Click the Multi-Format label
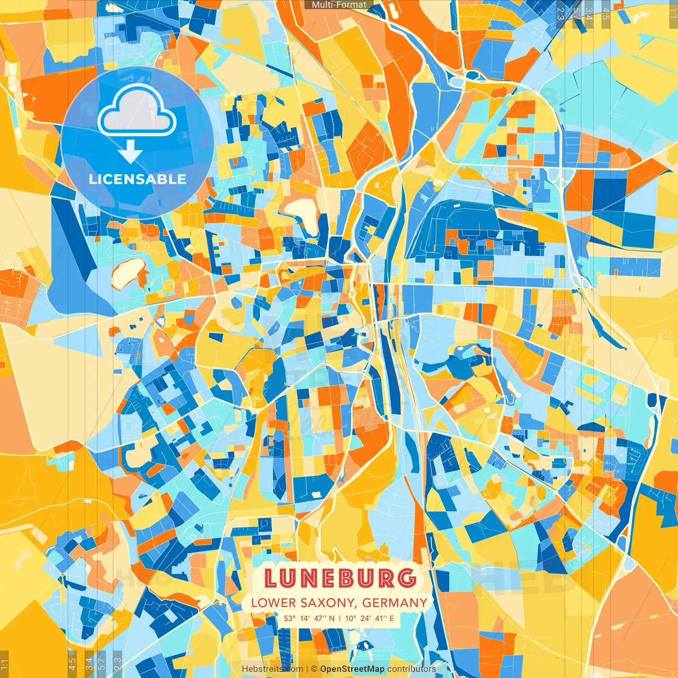[339, 5]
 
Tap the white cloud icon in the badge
[137, 111]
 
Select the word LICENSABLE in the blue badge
[137, 179]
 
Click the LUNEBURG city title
[340, 578]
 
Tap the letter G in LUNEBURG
[406, 578]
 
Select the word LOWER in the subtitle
[273, 603]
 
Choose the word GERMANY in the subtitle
[395, 603]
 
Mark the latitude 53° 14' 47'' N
[309, 618]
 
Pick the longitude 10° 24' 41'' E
[370, 618]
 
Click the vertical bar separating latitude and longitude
[340, 618]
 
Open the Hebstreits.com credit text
[272, 669]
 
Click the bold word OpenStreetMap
[352, 669]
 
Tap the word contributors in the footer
[412, 669]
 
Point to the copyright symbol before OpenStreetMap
[314, 669]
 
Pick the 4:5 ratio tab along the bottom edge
[73, 662]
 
